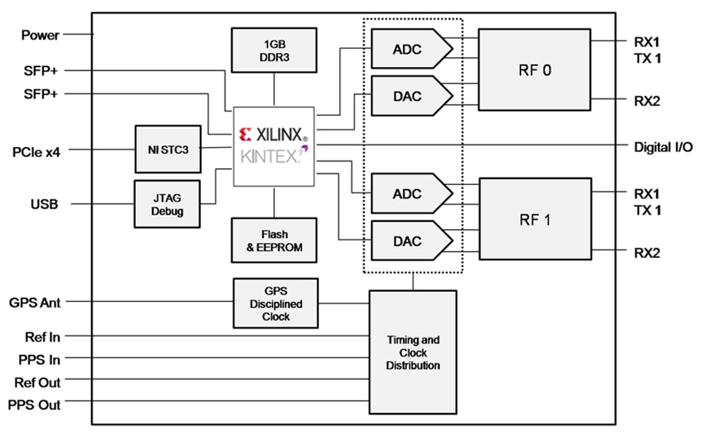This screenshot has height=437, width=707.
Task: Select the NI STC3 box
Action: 168,149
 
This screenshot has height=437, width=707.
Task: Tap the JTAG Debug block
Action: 167,204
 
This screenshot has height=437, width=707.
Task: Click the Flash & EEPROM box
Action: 274,240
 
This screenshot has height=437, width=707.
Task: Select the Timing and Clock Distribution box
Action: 413,352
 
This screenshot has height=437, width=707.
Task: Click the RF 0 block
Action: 534,70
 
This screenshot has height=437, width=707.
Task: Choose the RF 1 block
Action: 534,219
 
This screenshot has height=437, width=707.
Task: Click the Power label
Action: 40,35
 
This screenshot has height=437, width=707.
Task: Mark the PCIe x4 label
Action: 37,151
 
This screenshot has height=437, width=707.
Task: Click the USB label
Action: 44,204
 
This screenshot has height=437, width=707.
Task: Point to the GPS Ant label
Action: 35,303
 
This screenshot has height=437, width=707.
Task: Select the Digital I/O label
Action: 663,146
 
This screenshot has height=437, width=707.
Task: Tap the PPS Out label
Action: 34,405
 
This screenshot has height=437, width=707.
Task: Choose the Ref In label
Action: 38,337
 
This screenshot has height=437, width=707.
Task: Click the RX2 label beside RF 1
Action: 647,252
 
